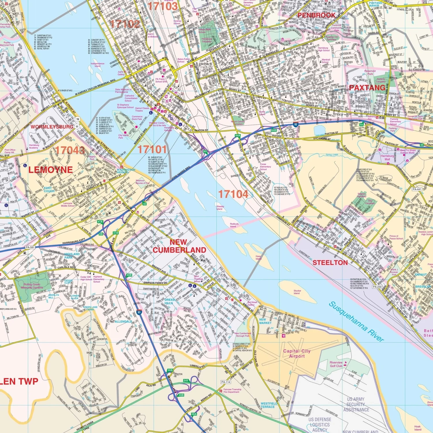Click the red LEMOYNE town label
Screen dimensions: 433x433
51,170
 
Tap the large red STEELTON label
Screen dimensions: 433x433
330,263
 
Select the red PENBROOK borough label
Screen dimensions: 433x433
316,15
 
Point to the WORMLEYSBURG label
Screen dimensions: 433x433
52,127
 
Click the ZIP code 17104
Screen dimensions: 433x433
233,194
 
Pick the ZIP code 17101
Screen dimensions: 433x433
152,150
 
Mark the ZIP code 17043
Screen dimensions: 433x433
70,150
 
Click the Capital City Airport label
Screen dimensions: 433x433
297,354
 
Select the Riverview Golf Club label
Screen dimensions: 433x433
336,364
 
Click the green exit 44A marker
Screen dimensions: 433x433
238,135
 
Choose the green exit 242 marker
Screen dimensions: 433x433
186,380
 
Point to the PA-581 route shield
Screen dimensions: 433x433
30,247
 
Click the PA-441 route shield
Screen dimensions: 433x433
417,189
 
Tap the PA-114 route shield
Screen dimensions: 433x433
226,382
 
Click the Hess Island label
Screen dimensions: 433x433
258,257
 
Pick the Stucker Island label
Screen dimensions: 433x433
297,292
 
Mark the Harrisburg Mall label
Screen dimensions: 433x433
387,157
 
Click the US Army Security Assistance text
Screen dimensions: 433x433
356,404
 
